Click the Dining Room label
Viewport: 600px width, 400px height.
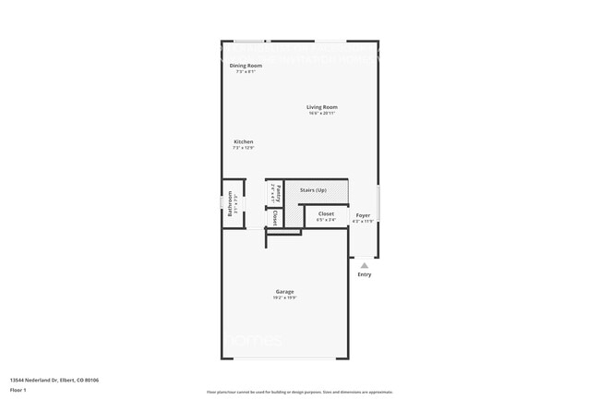click(x=246, y=66)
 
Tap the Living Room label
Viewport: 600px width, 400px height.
click(x=322, y=107)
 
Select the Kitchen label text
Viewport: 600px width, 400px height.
click(x=243, y=141)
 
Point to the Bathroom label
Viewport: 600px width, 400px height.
click(x=231, y=202)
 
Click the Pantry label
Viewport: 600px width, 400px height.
click(x=278, y=193)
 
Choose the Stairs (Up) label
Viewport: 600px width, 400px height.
click(x=313, y=190)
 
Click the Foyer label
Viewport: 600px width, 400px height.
click(x=363, y=214)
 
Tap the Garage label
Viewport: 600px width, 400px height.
click(x=284, y=291)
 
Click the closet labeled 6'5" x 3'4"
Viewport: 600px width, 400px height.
click(x=326, y=214)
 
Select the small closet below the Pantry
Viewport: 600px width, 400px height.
click(x=275, y=218)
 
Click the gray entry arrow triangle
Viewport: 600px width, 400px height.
click(x=364, y=265)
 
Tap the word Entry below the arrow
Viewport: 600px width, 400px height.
click(x=364, y=274)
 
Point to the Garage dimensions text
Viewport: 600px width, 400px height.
click(x=284, y=297)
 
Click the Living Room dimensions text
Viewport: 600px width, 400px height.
click(x=322, y=114)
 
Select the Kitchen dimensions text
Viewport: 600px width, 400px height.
click(x=243, y=148)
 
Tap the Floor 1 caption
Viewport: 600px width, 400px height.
click(x=18, y=390)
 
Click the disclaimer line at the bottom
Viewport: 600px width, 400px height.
click(x=299, y=392)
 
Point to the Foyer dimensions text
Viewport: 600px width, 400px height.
click(x=363, y=221)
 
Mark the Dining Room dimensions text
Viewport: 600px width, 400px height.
click(x=246, y=72)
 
